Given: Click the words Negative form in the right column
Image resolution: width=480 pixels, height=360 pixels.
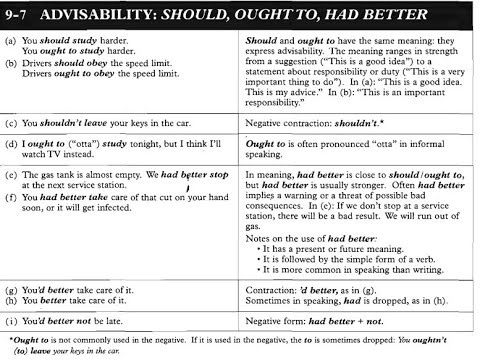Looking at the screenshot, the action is click(x=279, y=321).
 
